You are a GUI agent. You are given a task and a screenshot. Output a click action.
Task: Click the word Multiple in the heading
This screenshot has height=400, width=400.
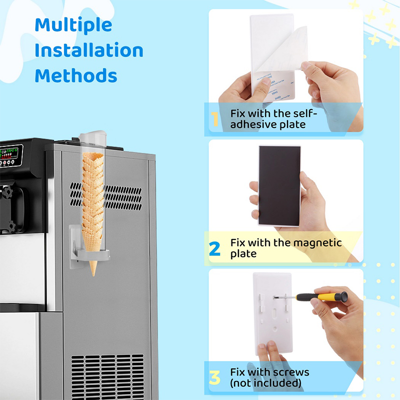(x=73, y=25)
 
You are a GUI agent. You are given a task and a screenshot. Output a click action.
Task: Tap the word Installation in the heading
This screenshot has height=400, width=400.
(x=89, y=50)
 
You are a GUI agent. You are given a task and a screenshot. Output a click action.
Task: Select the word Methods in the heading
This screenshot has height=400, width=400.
(x=76, y=75)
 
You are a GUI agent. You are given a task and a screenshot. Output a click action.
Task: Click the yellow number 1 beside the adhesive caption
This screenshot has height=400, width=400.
(x=215, y=119)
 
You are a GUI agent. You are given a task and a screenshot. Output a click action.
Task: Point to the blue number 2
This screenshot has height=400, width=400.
(x=214, y=248)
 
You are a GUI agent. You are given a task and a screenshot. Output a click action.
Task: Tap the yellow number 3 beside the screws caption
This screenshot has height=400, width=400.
(x=214, y=377)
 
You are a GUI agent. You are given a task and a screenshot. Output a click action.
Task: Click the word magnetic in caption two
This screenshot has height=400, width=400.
(x=317, y=243)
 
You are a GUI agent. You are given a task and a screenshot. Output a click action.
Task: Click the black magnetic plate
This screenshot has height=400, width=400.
(x=279, y=185)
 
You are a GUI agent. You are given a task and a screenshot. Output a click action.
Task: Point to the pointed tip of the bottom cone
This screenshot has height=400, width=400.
(x=93, y=275)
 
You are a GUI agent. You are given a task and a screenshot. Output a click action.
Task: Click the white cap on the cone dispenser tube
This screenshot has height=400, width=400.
(x=92, y=134)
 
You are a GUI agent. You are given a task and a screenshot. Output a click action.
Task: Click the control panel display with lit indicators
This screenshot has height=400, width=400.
(x=11, y=156)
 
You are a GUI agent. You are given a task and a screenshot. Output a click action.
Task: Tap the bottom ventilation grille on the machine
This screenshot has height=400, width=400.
(x=107, y=377)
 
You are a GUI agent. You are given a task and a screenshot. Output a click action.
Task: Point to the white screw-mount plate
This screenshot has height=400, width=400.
(x=272, y=313)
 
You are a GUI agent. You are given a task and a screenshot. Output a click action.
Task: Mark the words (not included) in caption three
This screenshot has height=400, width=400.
(x=265, y=383)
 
